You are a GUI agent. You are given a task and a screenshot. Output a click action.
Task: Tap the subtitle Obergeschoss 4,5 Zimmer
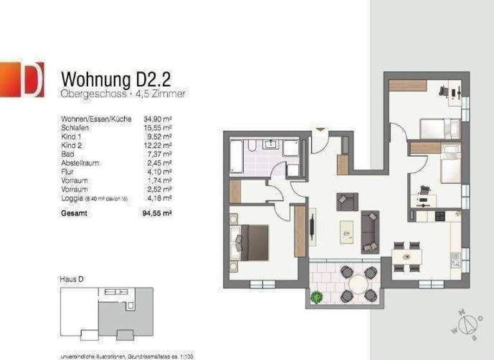tap(123, 94)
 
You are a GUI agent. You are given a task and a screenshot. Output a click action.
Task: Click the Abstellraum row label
tap(80, 163)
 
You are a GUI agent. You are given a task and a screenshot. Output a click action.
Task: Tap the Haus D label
tap(71, 280)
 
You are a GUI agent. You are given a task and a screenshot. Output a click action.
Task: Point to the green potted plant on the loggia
tap(316, 297)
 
